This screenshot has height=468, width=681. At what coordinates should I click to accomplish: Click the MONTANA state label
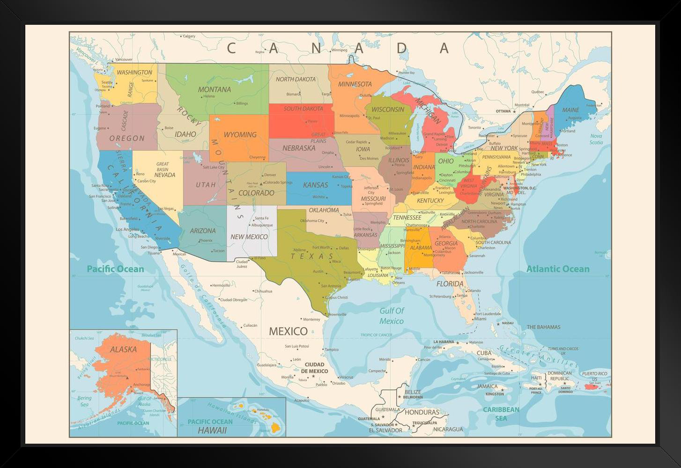pyautogui.click(x=214, y=89)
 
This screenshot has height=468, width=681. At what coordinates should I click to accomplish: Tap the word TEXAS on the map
pyautogui.click(x=312, y=256)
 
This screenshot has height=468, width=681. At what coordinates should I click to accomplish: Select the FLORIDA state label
pyautogui.click(x=450, y=284)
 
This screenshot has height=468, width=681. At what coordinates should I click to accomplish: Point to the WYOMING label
pyautogui.click(x=240, y=135)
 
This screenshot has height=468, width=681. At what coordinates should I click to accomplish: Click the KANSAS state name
pyautogui.click(x=315, y=185)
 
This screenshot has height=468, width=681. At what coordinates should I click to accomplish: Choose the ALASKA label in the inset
pyautogui.click(x=123, y=349)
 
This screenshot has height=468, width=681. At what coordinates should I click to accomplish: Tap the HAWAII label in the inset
pyautogui.click(x=212, y=430)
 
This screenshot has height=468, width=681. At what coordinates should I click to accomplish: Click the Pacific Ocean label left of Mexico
pyautogui.click(x=115, y=269)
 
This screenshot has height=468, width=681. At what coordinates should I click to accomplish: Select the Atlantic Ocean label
pyautogui.click(x=558, y=269)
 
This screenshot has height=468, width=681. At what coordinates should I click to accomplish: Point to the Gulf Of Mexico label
pyautogui.click(x=392, y=316)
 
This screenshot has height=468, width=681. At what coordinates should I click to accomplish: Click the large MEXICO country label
pyautogui.click(x=288, y=331)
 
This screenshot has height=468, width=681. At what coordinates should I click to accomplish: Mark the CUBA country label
pyautogui.click(x=484, y=353)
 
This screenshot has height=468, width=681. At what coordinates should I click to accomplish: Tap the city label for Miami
pyautogui.click(x=480, y=319)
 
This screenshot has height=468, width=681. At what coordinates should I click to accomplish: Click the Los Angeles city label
pyautogui.click(x=127, y=229)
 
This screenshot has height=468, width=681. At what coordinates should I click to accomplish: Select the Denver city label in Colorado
pyautogui.click(x=270, y=175)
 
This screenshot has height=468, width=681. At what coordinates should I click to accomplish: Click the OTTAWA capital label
pyautogui.click(x=503, y=111)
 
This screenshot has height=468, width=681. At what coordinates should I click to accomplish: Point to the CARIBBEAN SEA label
pyautogui.click(x=501, y=414)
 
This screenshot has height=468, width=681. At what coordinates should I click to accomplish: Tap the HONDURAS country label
pyautogui.click(x=422, y=412)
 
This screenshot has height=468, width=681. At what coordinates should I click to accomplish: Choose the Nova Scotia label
pyautogui.click(x=596, y=139)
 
